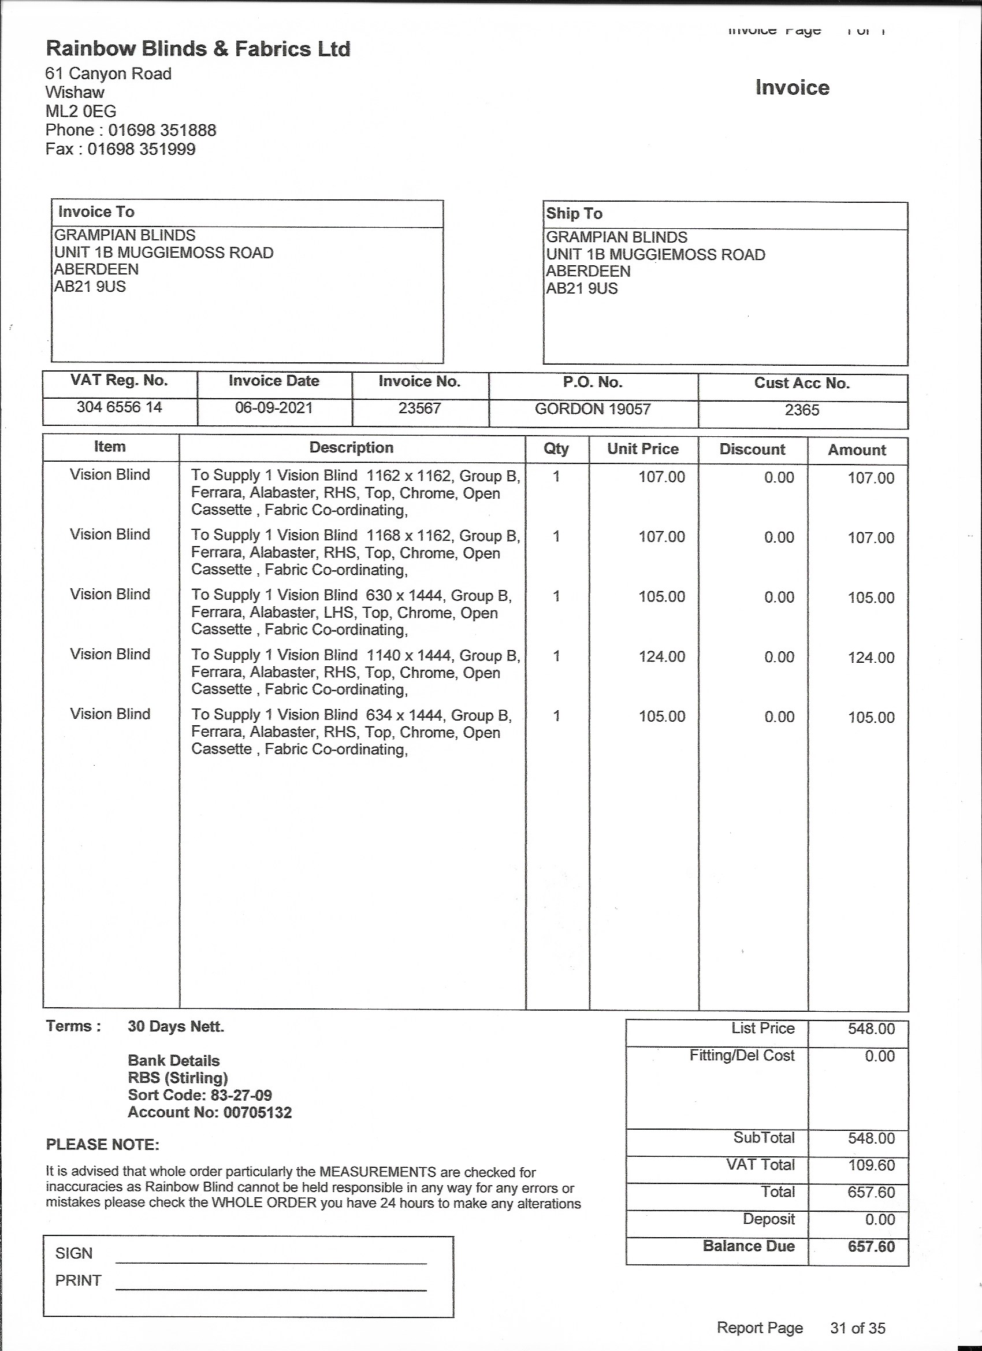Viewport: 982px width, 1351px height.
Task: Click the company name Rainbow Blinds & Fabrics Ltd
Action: click(x=198, y=49)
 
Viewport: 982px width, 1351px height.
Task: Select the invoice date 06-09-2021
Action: click(x=273, y=408)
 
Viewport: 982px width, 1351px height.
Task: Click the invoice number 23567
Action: click(x=419, y=408)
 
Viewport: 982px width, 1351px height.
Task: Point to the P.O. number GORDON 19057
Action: click(x=593, y=409)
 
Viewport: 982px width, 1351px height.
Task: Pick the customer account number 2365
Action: click(x=802, y=410)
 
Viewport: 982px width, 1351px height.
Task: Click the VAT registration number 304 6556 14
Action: click(x=119, y=407)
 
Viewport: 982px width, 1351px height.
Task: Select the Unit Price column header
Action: click(x=642, y=449)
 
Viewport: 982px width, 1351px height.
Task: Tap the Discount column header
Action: click(x=752, y=450)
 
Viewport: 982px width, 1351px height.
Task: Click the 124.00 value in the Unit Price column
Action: click(x=661, y=656)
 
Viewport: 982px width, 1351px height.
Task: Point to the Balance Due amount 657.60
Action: click(x=871, y=1247)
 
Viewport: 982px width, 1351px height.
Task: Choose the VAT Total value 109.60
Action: click(x=871, y=1165)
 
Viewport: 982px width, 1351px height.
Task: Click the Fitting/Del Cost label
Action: click(x=742, y=1056)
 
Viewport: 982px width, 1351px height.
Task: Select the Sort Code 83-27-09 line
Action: click(x=199, y=1095)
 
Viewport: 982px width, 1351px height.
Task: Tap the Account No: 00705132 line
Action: click(x=210, y=1112)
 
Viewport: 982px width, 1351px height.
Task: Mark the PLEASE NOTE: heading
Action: click(x=102, y=1145)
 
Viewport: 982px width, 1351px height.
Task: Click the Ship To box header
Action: click(x=574, y=214)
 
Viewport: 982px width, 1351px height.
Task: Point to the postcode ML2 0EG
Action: click(x=80, y=112)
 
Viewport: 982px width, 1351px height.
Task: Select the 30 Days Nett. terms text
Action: click(x=176, y=1027)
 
